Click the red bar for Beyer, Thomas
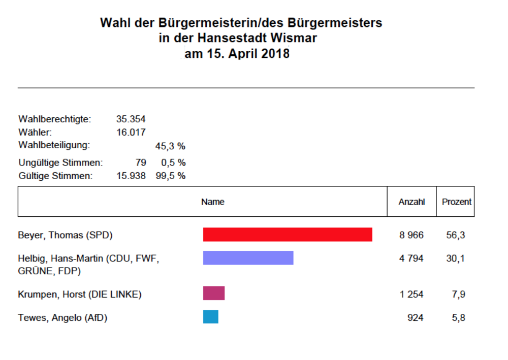click(288, 235)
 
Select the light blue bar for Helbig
click(248, 258)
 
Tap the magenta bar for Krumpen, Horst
click(213, 293)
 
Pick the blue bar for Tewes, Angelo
click(210, 317)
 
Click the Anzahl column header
click(411, 202)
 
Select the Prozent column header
click(456, 202)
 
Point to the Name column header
click(212, 202)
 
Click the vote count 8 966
click(411, 236)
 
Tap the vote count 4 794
click(411, 258)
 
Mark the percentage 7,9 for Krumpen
click(459, 294)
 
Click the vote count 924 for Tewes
click(416, 318)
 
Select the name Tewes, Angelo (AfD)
click(63, 318)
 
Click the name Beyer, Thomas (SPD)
click(65, 236)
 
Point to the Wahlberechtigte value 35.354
click(131, 119)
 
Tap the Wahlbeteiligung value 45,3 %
click(170, 146)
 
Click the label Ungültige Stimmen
click(60, 163)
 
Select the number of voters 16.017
click(131, 133)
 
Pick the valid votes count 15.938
click(131, 176)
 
